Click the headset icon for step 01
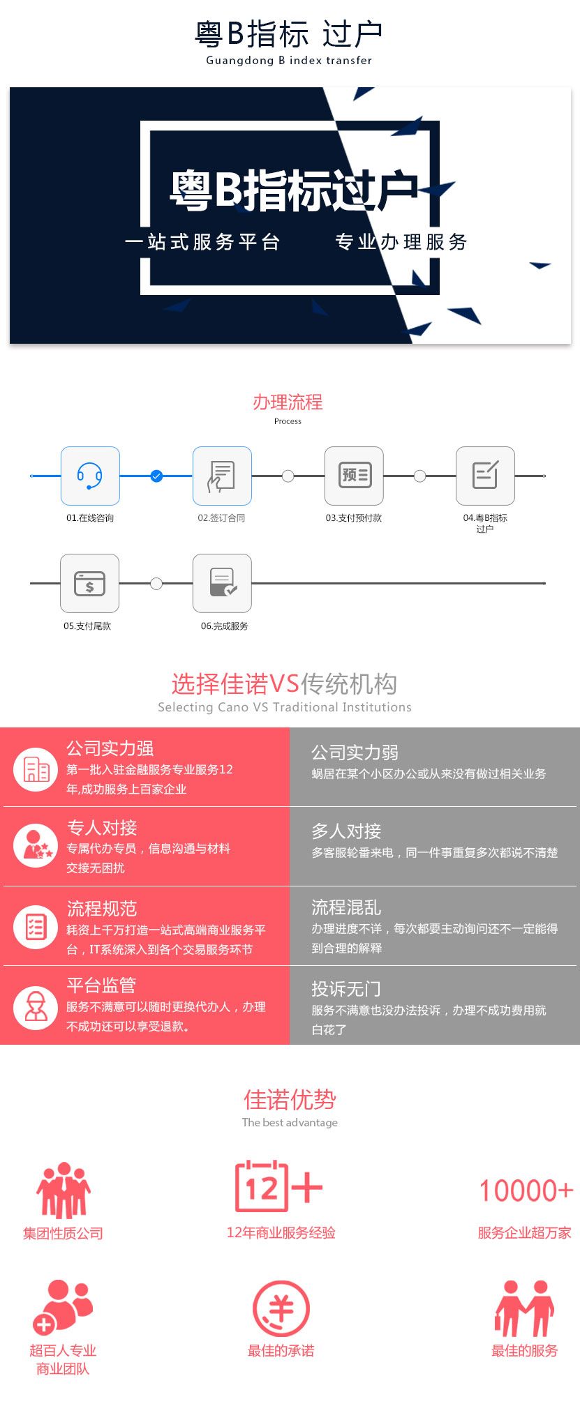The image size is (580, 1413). (90, 476)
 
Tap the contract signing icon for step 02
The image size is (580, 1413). (222, 476)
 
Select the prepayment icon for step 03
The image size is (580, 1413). (354, 476)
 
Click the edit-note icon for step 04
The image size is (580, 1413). (485, 476)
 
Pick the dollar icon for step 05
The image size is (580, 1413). (89, 583)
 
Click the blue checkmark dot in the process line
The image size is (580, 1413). (156, 476)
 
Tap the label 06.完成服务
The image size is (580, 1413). (225, 626)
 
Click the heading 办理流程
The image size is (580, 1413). (288, 402)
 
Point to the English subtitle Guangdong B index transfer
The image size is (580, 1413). (289, 61)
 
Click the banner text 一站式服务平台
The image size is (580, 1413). (202, 242)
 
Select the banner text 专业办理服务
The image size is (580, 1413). (401, 242)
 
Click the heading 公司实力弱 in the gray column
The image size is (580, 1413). (355, 753)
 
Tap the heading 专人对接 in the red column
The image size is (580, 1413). (102, 828)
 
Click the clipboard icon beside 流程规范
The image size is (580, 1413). (36, 926)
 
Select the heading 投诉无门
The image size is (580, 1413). (346, 989)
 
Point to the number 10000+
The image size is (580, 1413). (526, 1191)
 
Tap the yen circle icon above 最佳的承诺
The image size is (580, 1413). (281, 1309)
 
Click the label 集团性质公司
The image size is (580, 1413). (63, 1234)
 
